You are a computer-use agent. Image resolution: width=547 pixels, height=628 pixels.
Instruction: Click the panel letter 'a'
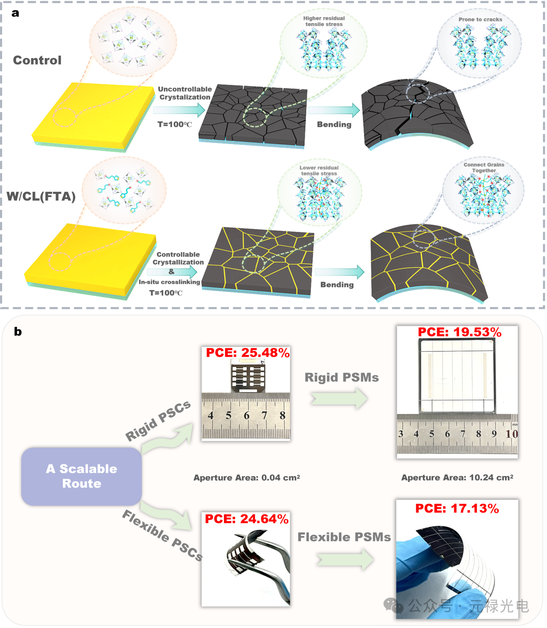click(x=15, y=13)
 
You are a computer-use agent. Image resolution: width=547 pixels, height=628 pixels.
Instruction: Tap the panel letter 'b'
click(x=18, y=332)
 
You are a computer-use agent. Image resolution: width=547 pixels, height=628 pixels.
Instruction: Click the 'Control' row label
click(x=37, y=60)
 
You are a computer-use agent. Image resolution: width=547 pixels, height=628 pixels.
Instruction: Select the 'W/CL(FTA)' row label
click(x=41, y=197)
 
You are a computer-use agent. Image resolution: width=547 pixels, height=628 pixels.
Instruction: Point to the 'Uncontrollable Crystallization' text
click(x=185, y=93)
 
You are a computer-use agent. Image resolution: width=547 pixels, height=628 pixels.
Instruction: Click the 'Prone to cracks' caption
click(x=480, y=20)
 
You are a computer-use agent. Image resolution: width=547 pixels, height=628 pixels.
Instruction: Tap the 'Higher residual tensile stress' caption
click(x=324, y=21)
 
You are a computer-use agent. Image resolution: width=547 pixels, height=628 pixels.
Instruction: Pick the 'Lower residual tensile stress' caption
click(x=319, y=170)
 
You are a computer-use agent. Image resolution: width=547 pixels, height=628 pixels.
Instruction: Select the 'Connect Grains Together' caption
click(x=484, y=167)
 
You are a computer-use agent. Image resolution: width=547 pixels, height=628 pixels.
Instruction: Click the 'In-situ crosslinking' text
click(x=169, y=282)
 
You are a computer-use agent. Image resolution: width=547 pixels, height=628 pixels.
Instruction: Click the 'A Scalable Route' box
click(x=82, y=476)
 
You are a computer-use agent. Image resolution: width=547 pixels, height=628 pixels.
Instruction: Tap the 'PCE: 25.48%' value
click(x=247, y=353)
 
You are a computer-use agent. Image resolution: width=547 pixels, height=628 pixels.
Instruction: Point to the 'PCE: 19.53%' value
click(x=459, y=332)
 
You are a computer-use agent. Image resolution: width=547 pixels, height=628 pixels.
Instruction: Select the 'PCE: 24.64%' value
click(x=247, y=519)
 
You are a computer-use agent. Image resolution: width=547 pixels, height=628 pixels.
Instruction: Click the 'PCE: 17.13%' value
click(x=457, y=509)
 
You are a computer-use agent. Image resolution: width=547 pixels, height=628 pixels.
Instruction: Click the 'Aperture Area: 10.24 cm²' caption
click(x=457, y=478)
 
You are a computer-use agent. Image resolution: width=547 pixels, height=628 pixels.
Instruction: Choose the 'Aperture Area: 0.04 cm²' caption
click(x=247, y=478)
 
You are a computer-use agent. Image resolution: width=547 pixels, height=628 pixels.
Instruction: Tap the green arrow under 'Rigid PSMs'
click(x=339, y=399)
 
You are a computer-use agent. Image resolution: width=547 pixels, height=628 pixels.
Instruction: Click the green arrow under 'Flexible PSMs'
click(x=345, y=559)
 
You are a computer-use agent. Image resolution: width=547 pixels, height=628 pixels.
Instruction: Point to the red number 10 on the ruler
click(x=512, y=434)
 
